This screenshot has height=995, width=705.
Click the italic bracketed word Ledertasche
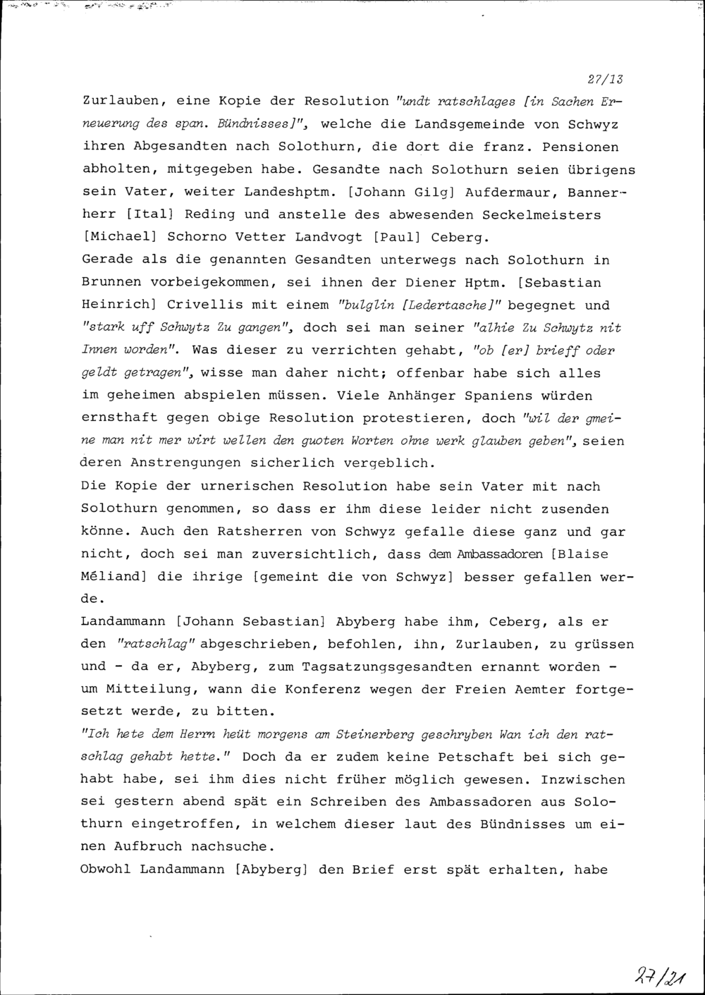460,305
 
